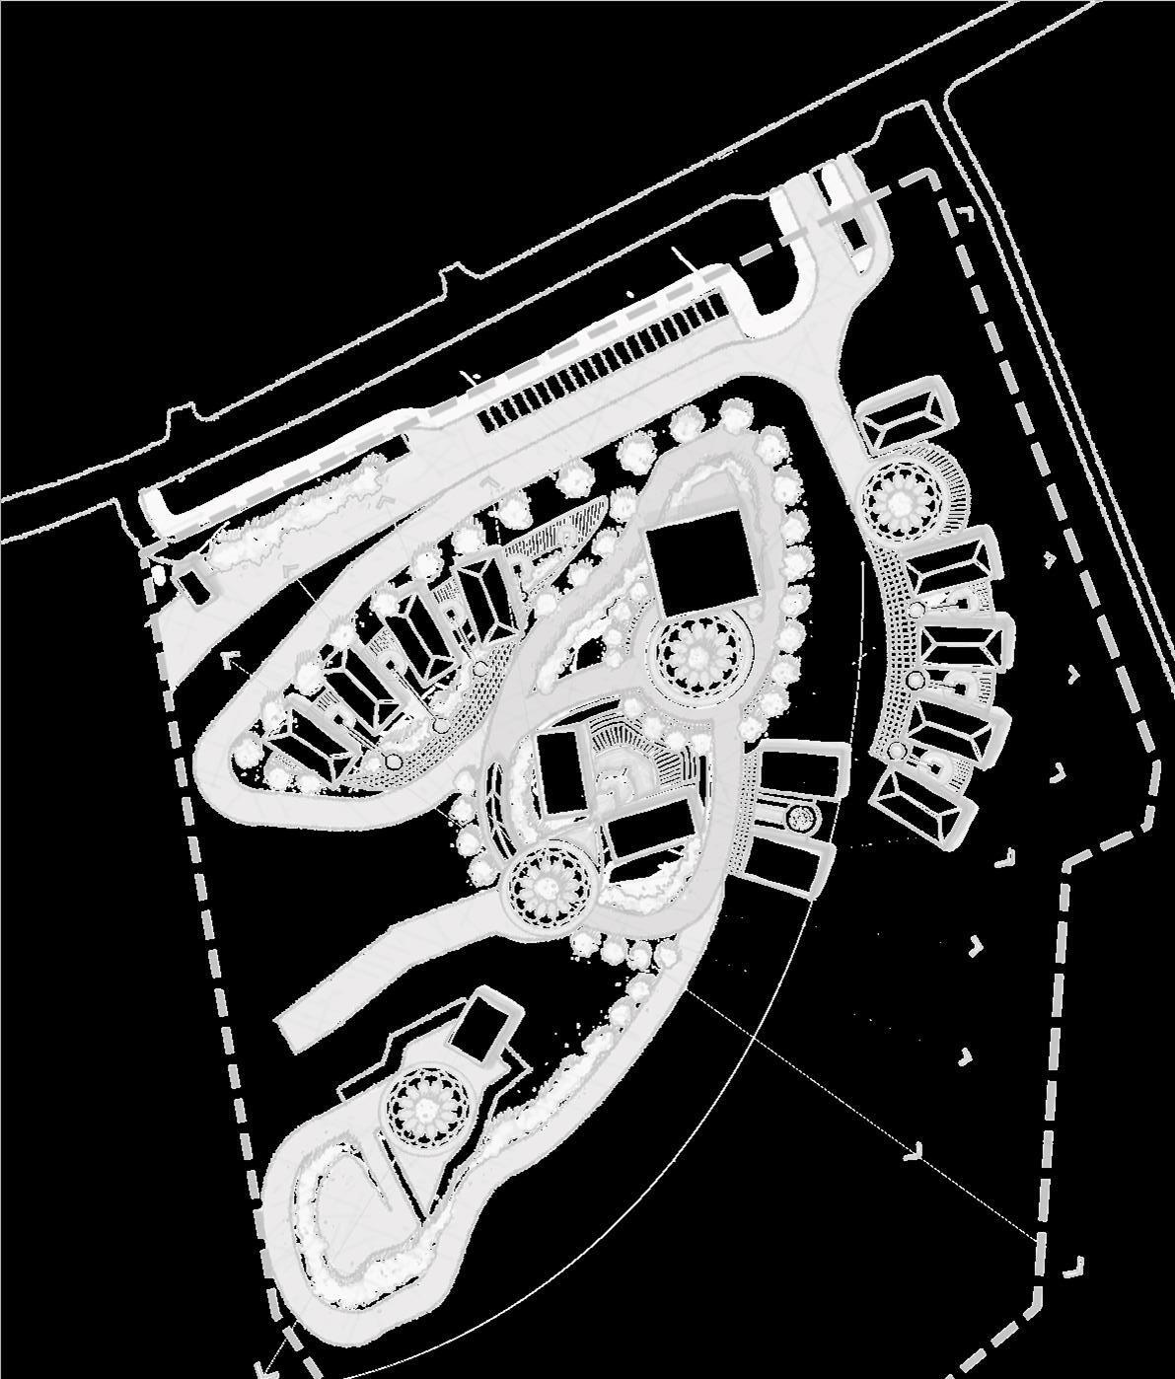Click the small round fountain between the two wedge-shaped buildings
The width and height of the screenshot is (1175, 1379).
coord(801,817)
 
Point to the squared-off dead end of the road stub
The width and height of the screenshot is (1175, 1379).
coord(290,1032)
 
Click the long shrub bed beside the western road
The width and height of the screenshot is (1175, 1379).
coord(296,513)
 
